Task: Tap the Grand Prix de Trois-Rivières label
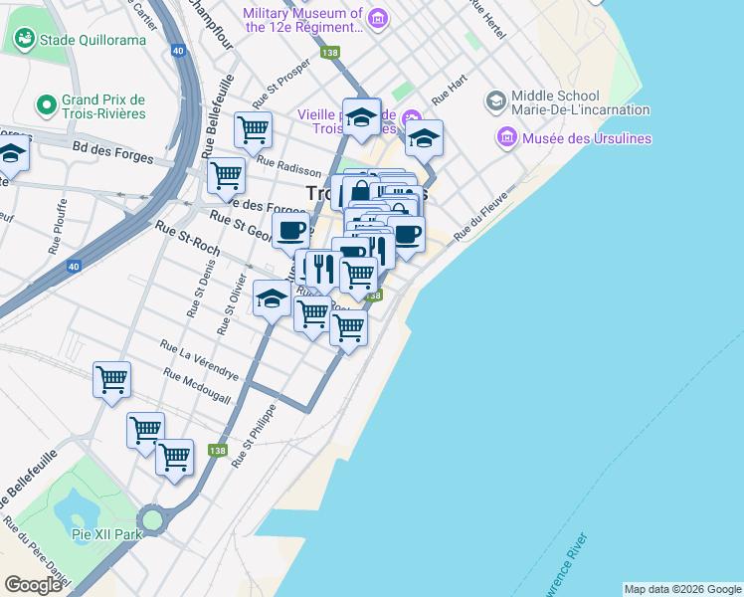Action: coord(103,106)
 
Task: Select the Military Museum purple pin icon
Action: coord(377,18)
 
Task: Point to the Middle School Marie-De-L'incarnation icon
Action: coord(495,101)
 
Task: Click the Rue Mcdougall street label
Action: coord(197,386)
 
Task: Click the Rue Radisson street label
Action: coord(288,165)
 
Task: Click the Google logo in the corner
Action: coord(33,585)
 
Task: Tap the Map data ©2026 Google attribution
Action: coord(683,589)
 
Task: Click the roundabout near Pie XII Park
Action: coord(151,519)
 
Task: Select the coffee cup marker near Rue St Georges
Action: coord(290,231)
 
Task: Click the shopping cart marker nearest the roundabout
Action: coord(175,458)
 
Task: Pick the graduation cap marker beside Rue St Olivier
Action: coord(272,298)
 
